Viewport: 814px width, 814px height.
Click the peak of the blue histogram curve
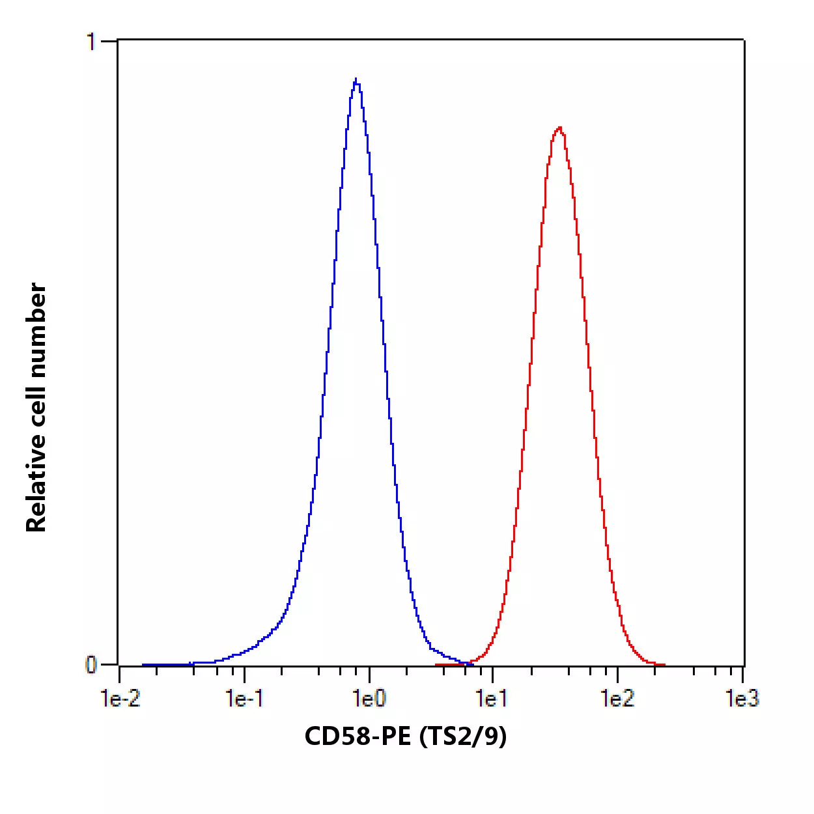coord(356,80)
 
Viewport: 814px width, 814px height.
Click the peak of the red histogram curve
coord(559,128)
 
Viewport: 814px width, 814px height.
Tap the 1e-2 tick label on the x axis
coord(120,699)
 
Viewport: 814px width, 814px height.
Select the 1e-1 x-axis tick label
coord(245,699)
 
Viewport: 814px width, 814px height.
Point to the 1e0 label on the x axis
coord(369,699)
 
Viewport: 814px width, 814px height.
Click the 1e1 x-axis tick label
coord(492,699)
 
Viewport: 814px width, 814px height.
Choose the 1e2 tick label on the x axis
coord(617,699)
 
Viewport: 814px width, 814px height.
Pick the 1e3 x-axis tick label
coord(742,699)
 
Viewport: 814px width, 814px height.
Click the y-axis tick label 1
coord(91,42)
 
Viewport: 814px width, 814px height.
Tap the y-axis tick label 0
coord(91,665)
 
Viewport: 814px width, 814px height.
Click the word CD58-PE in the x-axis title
coord(358,737)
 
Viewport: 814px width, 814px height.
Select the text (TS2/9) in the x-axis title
coord(463,737)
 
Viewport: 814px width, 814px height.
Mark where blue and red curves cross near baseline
coord(467,663)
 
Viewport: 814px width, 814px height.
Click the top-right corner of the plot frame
coord(744,40)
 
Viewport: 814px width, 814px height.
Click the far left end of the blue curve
coord(143,665)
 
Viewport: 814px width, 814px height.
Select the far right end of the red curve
coord(664,665)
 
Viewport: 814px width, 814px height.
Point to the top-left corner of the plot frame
coord(118,40)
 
